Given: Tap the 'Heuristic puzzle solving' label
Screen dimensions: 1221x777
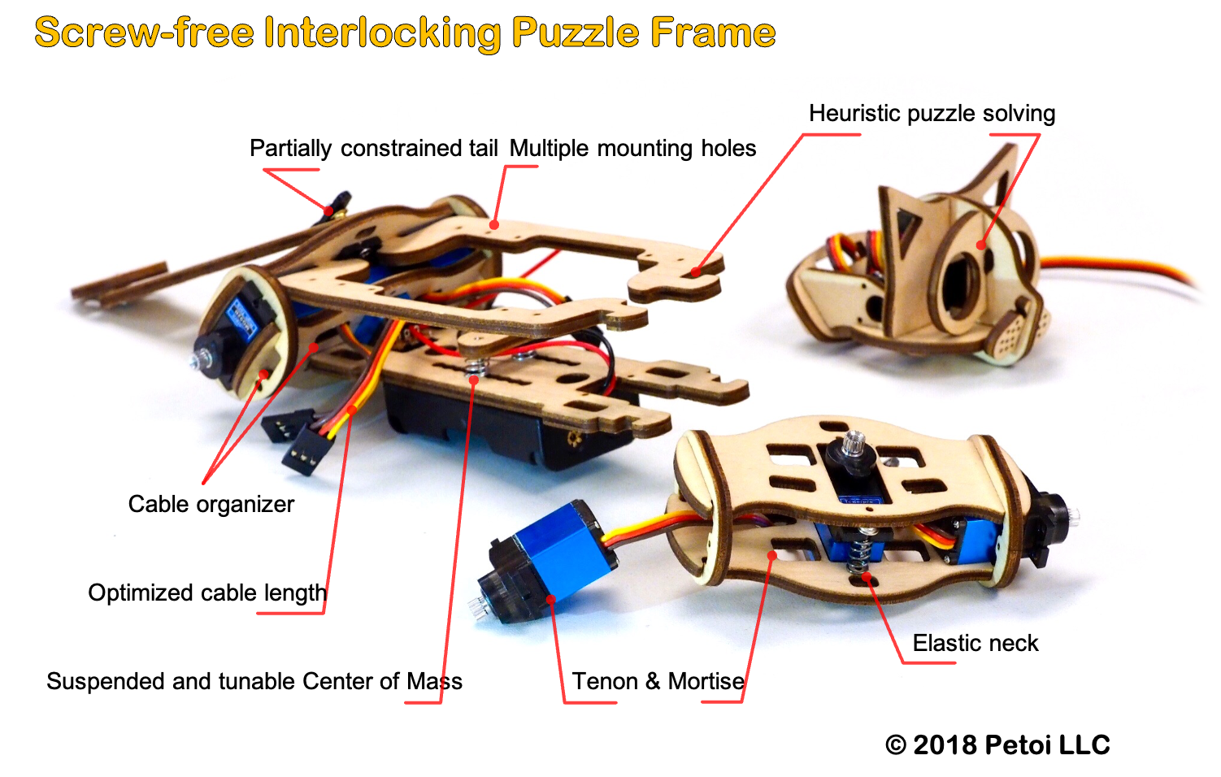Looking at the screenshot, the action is tap(932, 114).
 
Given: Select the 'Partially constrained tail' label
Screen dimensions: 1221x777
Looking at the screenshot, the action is tap(374, 148).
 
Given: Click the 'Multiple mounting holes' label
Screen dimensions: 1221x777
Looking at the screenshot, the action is tap(632, 148).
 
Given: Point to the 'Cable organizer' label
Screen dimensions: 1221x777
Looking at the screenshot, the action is tap(211, 505).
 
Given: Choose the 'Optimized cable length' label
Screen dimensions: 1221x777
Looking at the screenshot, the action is tap(207, 593).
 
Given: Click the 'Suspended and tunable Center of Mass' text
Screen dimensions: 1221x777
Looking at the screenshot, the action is tap(254, 682).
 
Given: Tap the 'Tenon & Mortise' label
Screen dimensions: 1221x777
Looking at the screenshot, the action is tap(658, 682).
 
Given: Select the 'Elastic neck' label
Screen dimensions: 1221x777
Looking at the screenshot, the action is tap(975, 644).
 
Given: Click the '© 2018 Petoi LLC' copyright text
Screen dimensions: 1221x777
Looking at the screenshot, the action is tap(997, 744).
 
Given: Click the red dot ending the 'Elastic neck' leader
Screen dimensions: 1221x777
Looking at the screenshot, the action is tap(867, 576).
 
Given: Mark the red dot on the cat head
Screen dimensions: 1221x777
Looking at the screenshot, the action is tap(980, 245).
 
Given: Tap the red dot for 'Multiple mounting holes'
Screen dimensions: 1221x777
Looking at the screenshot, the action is tap(494, 224).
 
